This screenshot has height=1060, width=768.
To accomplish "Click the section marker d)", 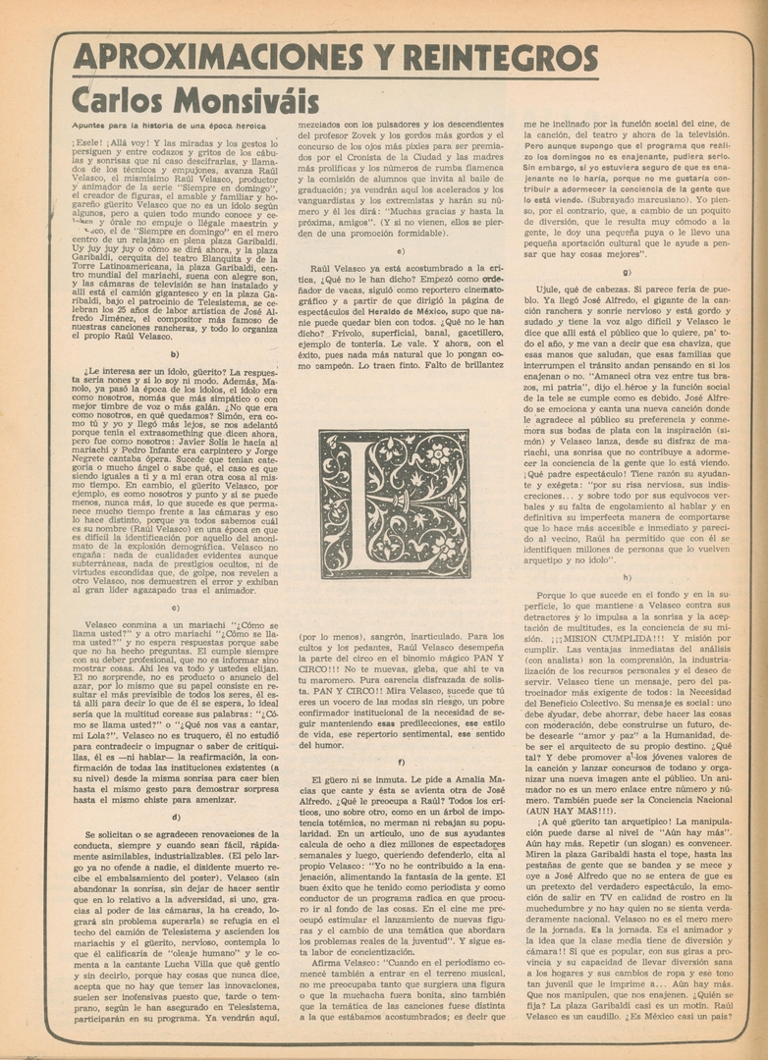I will coord(175,817).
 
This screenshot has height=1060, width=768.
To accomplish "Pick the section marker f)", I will coord(400,762).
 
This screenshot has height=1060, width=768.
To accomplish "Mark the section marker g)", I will coord(627,272).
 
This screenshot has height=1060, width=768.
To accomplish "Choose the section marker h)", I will coord(627,577).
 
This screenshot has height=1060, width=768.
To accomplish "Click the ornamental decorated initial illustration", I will coord(395,503).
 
